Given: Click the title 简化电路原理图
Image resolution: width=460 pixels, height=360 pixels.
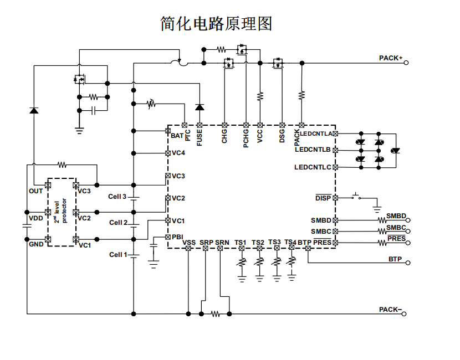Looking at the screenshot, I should (216, 24).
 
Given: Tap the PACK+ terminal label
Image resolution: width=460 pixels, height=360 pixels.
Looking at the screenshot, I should (390, 58).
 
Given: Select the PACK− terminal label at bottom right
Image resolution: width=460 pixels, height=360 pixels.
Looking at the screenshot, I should (390, 310).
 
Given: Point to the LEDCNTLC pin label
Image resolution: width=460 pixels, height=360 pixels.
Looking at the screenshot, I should (313, 167).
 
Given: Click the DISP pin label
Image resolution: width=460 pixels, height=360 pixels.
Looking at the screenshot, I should (323, 198).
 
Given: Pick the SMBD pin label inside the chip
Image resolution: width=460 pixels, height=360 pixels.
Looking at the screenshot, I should (321, 220).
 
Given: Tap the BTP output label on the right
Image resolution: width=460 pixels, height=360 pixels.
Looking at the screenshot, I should (395, 259).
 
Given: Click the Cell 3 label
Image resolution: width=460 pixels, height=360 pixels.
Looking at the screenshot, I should (117, 197).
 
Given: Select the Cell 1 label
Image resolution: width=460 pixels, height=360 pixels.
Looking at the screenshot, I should (118, 255).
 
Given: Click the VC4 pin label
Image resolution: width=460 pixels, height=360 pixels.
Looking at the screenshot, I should (178, 153).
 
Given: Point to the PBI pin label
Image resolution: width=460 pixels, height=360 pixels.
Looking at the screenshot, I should (177, 236).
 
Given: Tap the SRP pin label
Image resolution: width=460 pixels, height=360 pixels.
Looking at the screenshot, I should (206, 243).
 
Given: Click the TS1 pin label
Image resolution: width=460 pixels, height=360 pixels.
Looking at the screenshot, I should (241, 243).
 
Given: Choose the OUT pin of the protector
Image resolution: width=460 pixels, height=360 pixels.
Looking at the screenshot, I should (35, 191).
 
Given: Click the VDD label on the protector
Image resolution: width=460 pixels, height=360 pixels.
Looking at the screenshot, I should (35, 218).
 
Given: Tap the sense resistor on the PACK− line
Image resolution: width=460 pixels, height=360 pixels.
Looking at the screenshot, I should (215, 314).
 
